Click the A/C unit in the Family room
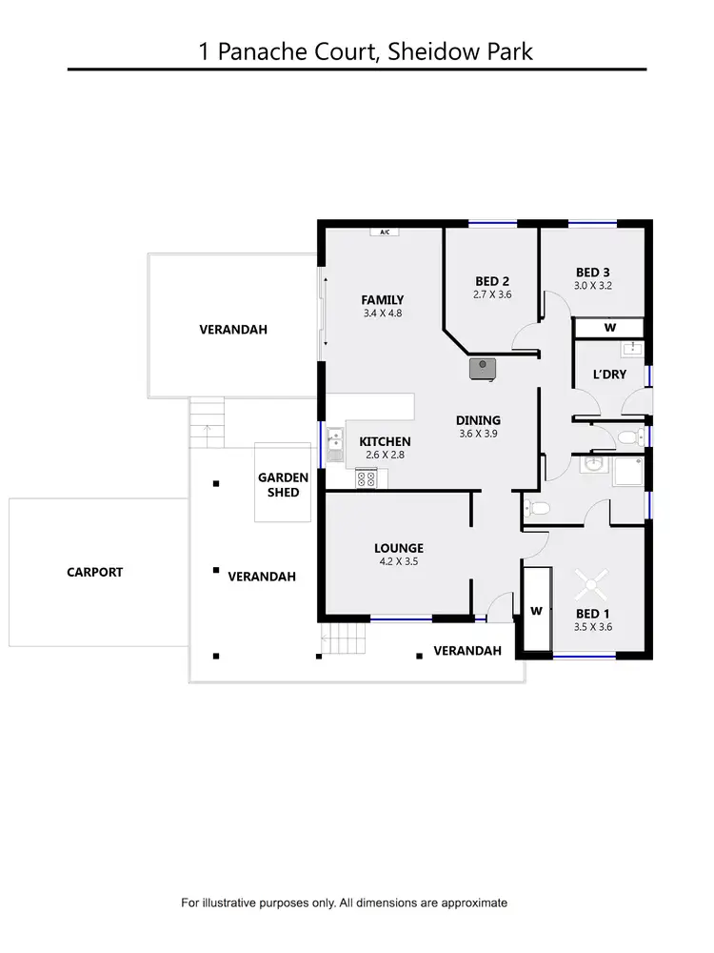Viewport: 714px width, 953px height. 385,232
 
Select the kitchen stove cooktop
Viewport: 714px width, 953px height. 367,479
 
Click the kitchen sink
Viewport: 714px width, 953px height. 335,445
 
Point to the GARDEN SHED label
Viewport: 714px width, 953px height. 284,484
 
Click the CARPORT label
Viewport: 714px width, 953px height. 95,572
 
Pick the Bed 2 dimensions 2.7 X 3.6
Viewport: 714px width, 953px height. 492,295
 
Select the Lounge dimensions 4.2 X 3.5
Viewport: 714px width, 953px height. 398,562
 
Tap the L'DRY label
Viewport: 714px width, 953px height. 609,375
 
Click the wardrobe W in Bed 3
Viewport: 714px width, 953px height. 610,328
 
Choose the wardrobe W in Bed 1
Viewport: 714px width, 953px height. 536,611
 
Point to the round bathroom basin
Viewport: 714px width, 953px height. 592,465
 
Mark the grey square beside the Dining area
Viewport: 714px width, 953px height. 484,366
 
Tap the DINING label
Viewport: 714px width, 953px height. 478,420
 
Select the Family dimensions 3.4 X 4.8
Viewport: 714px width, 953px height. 383,313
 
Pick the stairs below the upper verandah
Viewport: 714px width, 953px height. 208,420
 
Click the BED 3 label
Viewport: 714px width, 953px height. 592,271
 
